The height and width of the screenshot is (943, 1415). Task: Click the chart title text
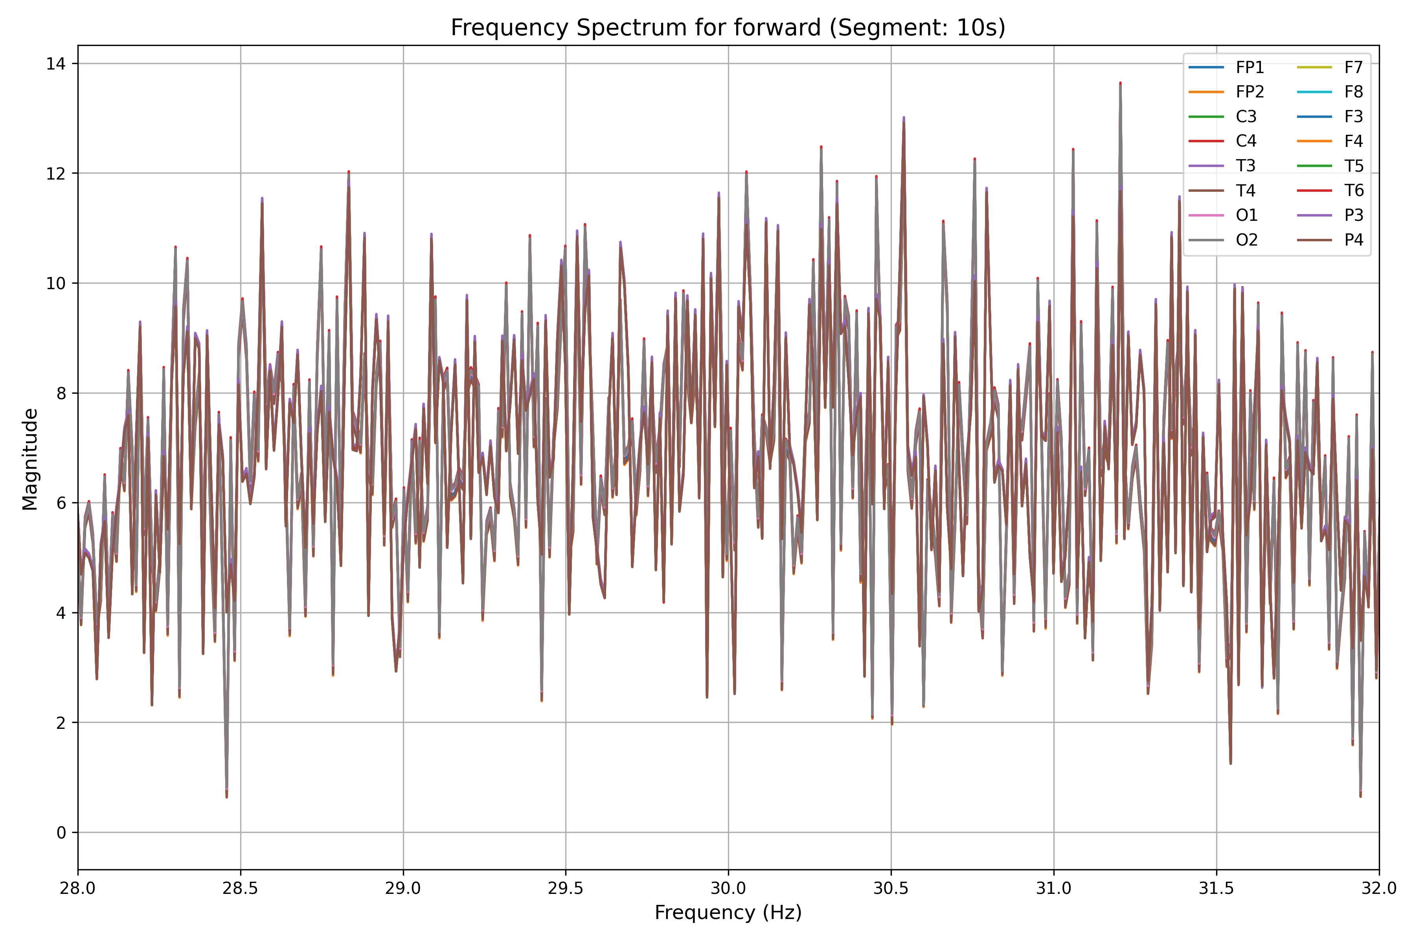[728, 28]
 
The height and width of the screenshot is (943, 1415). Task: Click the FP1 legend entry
[1250, 67]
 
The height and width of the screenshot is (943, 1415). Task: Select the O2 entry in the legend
[1246, 240]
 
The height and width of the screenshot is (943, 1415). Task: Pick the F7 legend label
[1353, 67]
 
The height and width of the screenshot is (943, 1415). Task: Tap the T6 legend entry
[1354, 191]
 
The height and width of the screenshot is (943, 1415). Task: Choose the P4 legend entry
[1354, 240]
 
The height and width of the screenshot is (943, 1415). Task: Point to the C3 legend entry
[1246, 117]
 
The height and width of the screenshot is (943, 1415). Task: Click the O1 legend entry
[1246, 215]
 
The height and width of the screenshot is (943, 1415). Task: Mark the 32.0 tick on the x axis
[1379, 888]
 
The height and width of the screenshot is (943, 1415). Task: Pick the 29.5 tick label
[566, 888]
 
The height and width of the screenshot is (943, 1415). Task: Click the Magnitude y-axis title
[30, 459]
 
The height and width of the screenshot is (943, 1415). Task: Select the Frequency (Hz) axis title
[728, 912]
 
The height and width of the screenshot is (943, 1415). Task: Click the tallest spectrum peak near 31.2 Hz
[1120, 84]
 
